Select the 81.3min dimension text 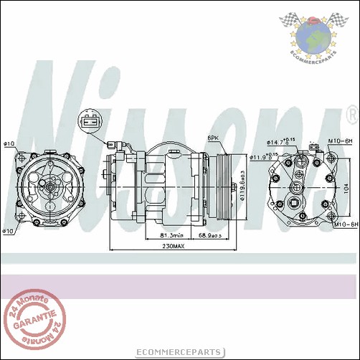[172, 235]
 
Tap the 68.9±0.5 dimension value [212, 235]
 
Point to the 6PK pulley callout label [213, 137]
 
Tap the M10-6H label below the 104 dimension [346, 224]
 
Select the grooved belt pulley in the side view [222, 186]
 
